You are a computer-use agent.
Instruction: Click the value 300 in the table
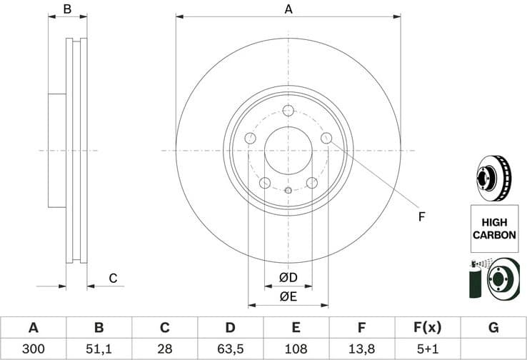(33, 349)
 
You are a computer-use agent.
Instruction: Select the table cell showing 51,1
(99, 349)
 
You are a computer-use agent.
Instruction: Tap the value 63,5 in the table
(230, 349)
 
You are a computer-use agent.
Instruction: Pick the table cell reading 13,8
(361, 349)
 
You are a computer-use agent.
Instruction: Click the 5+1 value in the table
(427, 349)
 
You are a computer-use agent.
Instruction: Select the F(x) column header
(427, 328)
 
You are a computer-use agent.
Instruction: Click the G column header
(493, 328)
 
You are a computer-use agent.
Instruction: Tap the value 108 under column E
(296, 349)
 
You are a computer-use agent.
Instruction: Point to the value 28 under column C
(164, 349)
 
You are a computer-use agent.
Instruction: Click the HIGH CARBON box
(493, 228)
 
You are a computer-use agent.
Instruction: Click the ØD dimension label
(288, 277)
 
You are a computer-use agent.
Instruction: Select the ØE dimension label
(288, 296)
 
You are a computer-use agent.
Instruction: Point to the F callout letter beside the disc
(421, 216)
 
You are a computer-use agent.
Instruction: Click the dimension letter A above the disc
(288, 9)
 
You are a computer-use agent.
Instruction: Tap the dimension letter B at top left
(67, 9)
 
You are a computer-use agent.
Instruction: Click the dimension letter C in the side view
(112, 278)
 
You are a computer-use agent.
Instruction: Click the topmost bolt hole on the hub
(288, 111)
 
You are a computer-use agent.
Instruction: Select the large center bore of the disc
(288, 151)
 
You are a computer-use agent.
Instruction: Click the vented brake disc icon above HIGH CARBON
(493, 179)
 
